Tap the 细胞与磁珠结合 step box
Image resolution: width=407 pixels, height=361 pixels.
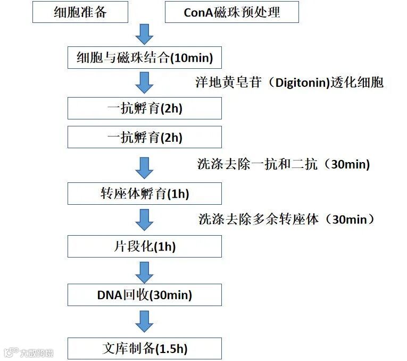[145, 57]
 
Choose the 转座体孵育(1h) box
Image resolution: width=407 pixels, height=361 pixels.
[145, 193]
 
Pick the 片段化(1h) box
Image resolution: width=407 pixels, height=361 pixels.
[145, 246]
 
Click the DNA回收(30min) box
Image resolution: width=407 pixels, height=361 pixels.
[145, 295]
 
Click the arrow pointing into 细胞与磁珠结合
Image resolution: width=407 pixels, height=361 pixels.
[144, 34]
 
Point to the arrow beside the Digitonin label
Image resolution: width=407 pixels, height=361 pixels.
[144, 83]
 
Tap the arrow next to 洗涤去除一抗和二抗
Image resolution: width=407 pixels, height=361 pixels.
[144, 166]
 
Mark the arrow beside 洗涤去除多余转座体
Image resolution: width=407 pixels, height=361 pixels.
[144, 219]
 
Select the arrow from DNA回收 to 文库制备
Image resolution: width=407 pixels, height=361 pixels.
[144, 321]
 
